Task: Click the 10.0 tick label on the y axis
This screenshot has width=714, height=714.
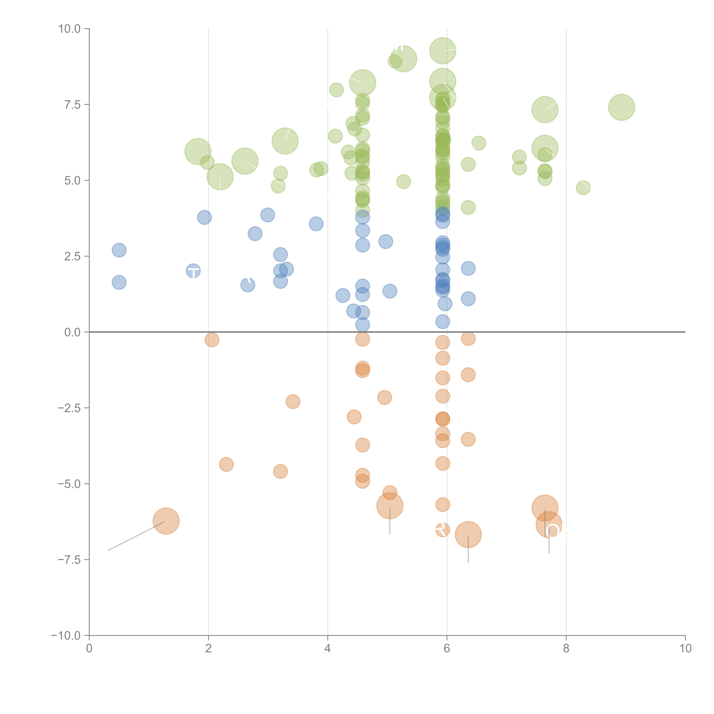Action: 70,29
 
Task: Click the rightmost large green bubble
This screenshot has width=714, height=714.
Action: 622,107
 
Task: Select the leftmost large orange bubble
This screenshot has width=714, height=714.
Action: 166,521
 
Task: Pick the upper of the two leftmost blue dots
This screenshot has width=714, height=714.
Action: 119,250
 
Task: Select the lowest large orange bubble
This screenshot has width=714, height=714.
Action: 468,534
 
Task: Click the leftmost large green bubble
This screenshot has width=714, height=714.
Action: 198,152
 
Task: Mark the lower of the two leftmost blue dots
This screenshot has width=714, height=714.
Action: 119,282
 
